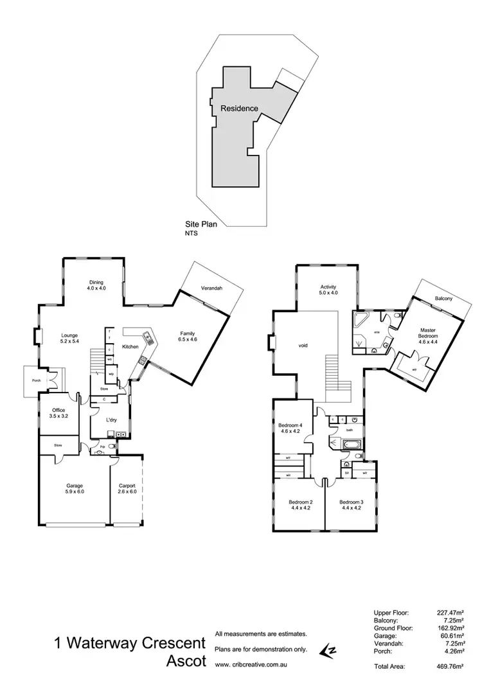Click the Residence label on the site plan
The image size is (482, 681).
click(239, 109)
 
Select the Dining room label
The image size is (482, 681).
click(96, 286)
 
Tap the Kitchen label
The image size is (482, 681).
click(131, 346)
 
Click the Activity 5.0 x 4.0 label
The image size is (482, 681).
click(328, 290)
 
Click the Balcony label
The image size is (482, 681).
click(443, 299)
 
